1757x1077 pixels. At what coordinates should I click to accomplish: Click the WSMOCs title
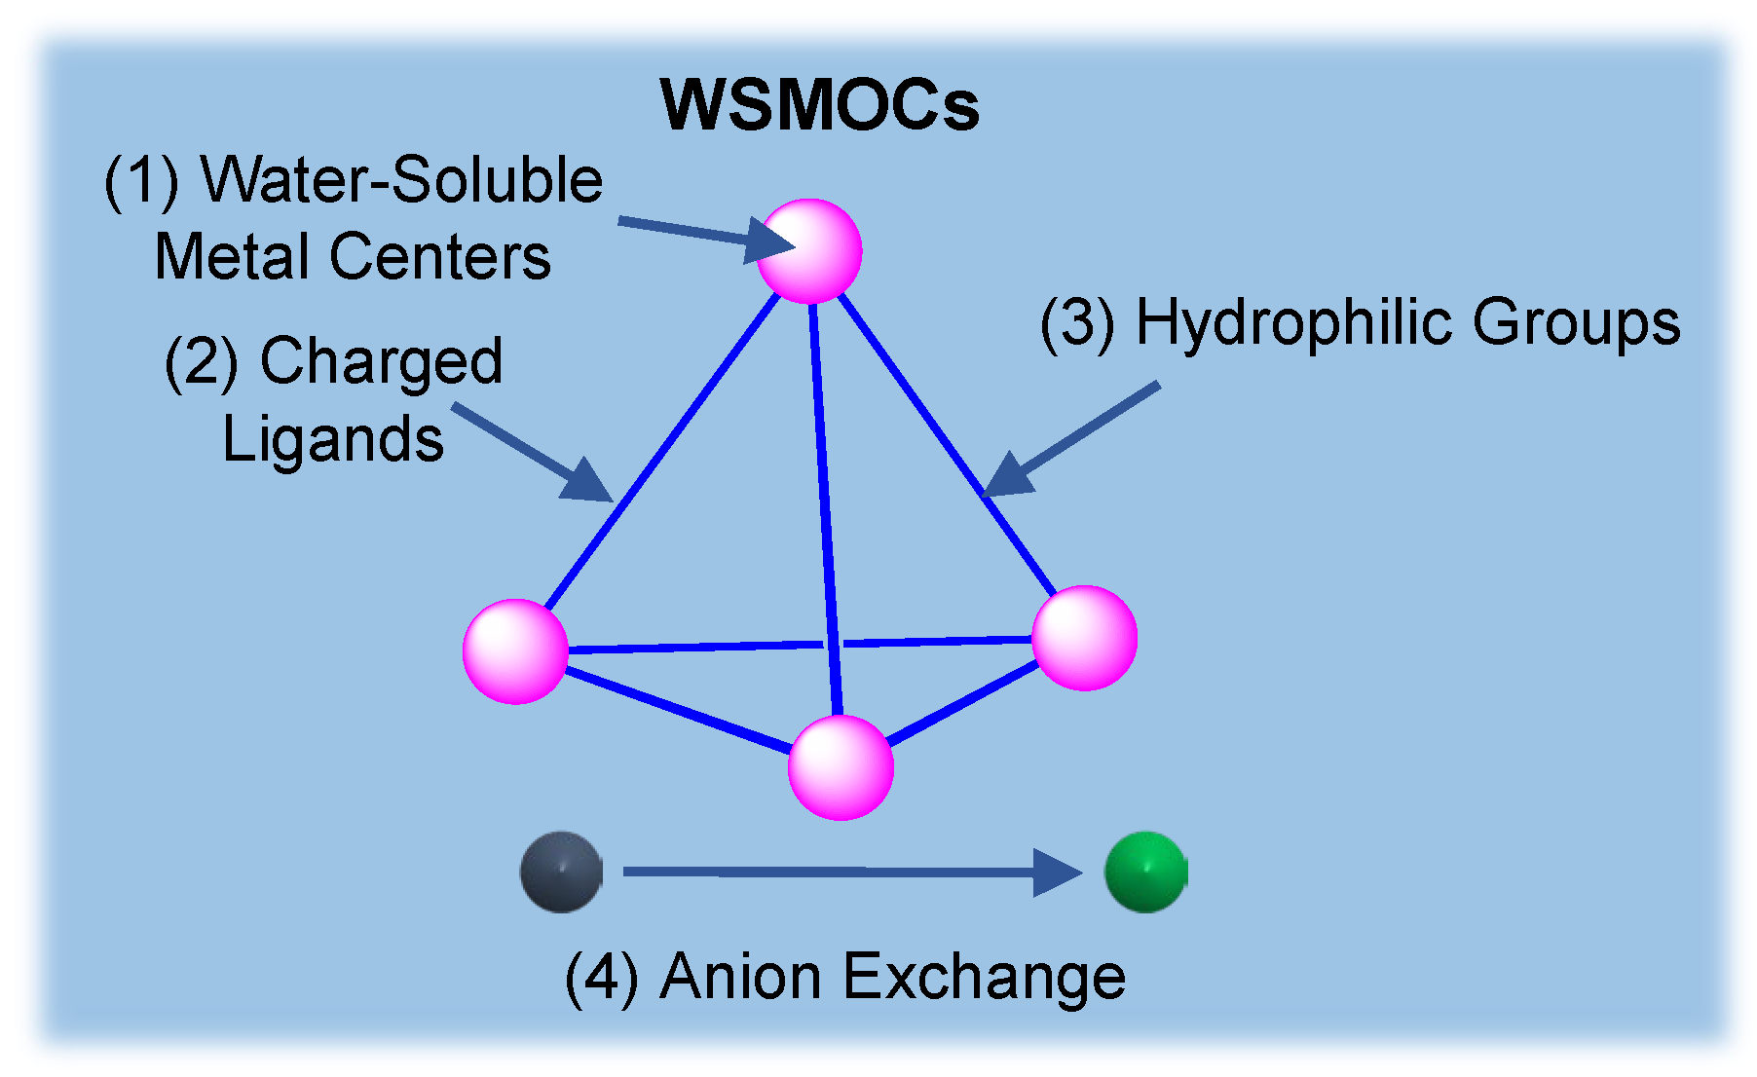(x=820, y=105)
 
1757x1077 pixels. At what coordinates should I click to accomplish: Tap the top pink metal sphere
(x=809, y=250)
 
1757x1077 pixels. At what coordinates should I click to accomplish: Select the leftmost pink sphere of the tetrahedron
(x=515, y=650)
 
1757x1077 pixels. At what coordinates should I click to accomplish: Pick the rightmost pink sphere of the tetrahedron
(x=1084, y=638)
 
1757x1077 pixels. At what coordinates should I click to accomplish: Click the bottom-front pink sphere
(x=841, y=766)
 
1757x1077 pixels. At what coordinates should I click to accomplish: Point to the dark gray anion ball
(x=561, y=872)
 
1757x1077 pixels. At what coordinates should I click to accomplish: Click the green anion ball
(x=1145, y=872)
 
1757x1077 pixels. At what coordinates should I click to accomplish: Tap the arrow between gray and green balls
(x=847, y=872)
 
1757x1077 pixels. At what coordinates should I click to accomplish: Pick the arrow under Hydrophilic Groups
(x=1071, y=440)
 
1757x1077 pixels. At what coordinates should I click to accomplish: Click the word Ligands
(x=333, y=439)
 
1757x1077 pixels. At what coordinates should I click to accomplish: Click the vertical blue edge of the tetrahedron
(x=825, y=506)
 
